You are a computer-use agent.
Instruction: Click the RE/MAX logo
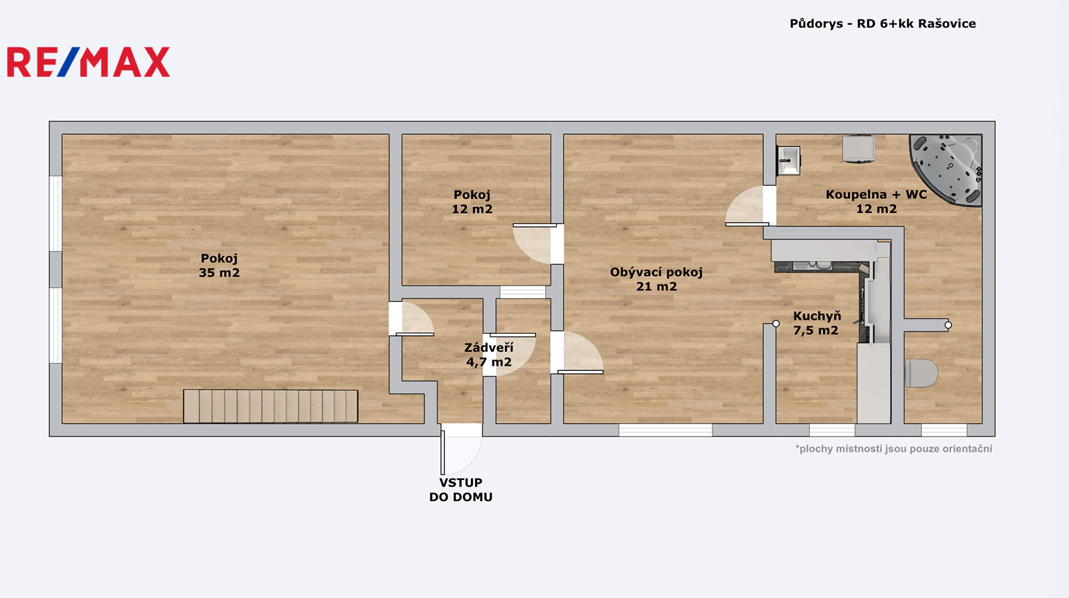pyautogui.click(x=88, y=62)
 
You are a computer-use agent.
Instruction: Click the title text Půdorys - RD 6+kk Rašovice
pyautogui.click(x=883, y=24)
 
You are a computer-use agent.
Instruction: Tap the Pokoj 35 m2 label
pyautogui.click(x=219, y=265)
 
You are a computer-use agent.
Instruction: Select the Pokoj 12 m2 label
pyautogui.click(x=472, y=202)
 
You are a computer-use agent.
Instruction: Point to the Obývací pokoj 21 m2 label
pyautogui.click(x=656, y=279)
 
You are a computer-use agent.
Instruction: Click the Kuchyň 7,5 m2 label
pyautogui.click(x=816, y=323)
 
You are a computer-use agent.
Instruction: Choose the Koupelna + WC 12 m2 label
pyautogui.click(x=876, y=202)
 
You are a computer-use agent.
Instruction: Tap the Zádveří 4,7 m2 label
pyautogui.click(x=488, y=355)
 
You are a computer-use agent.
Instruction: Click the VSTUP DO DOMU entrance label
pyautogui.click(x=460, y=490)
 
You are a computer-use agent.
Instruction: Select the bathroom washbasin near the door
pyautogui.click(x=788, y=160)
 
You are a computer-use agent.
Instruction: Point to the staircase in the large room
pyautogui.click(x=271, y=406)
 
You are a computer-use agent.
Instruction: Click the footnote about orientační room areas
pyautogui.click(x=893, y=448)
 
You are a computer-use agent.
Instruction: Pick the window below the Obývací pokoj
pyautogui.click(x=665, y=430)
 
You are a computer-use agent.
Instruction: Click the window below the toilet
pyautogui.click(x=944, y=430)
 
